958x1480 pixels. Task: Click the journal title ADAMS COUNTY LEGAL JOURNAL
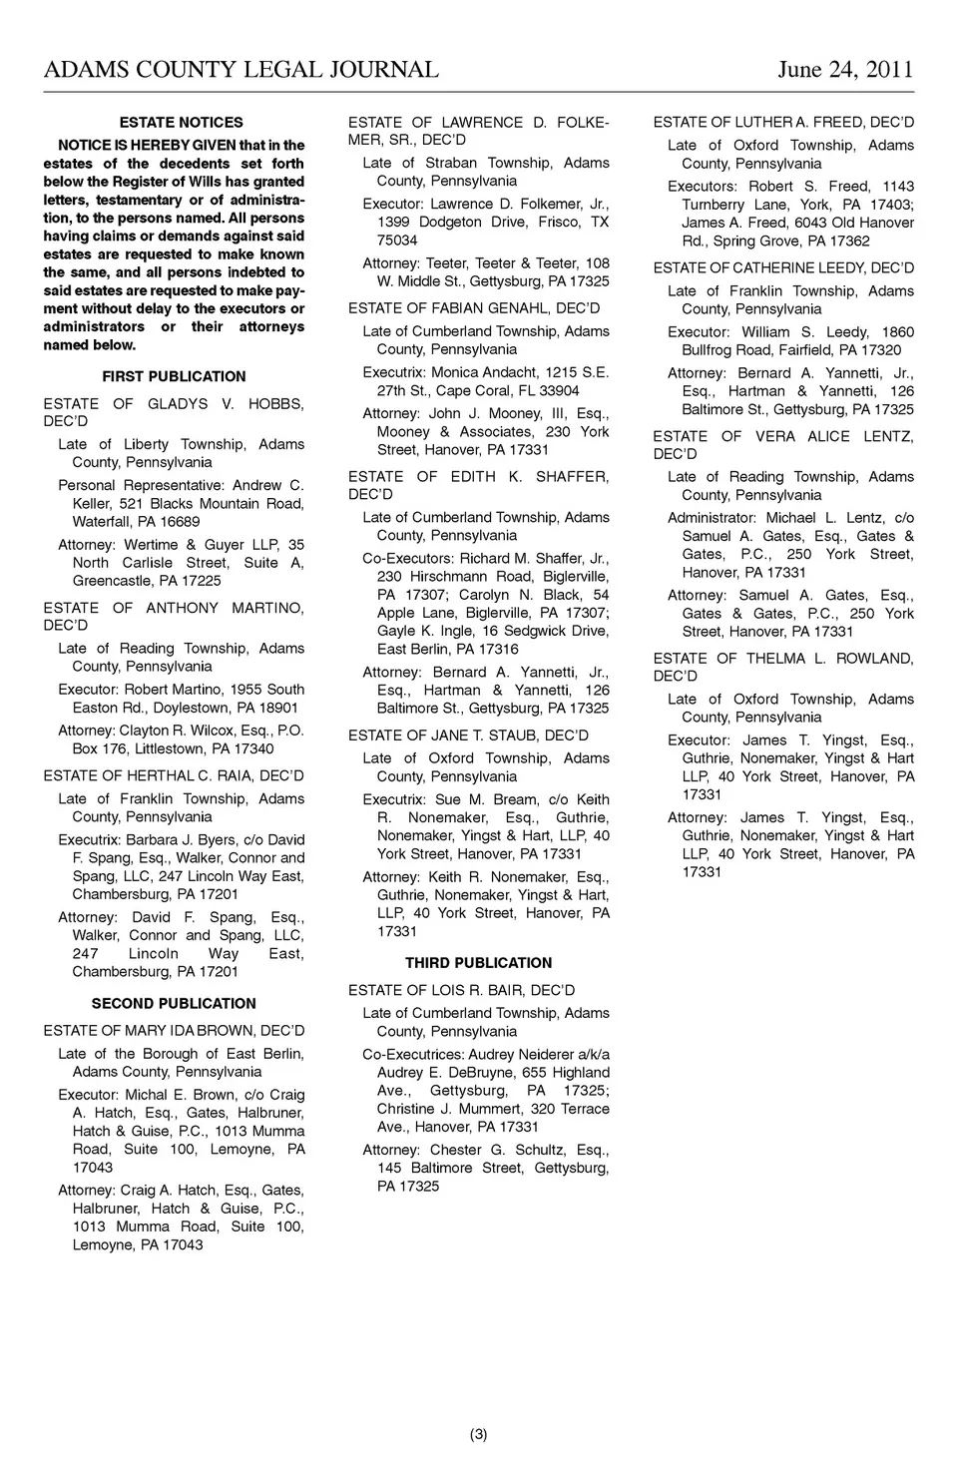(x=240, y=69)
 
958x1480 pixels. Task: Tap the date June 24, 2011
(x=844, y=69)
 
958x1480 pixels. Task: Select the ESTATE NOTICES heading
(x=181, y=123)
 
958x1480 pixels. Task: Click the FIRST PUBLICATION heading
(x=174, y=376)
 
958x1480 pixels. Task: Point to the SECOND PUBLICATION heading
(x=174, y=1003)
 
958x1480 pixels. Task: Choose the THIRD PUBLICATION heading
(x=478, y=963)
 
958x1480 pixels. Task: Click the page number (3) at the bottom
(x=478, y=1435)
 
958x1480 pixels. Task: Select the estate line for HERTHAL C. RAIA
(x=174, y=775)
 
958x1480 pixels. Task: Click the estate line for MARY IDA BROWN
(x=174, y=1030)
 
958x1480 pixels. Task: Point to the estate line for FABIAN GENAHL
(x=474, y=308)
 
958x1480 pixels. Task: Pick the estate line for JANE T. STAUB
(x=468, y=736)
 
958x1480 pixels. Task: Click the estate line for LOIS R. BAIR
(x=461, y=990)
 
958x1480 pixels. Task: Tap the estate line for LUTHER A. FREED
(x=783, y=123)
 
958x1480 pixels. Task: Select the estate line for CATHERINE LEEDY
(x=783, y=267)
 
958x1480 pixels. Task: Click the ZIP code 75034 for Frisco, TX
(x=397, y=241)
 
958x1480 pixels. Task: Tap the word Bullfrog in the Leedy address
(x=711, y=350)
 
